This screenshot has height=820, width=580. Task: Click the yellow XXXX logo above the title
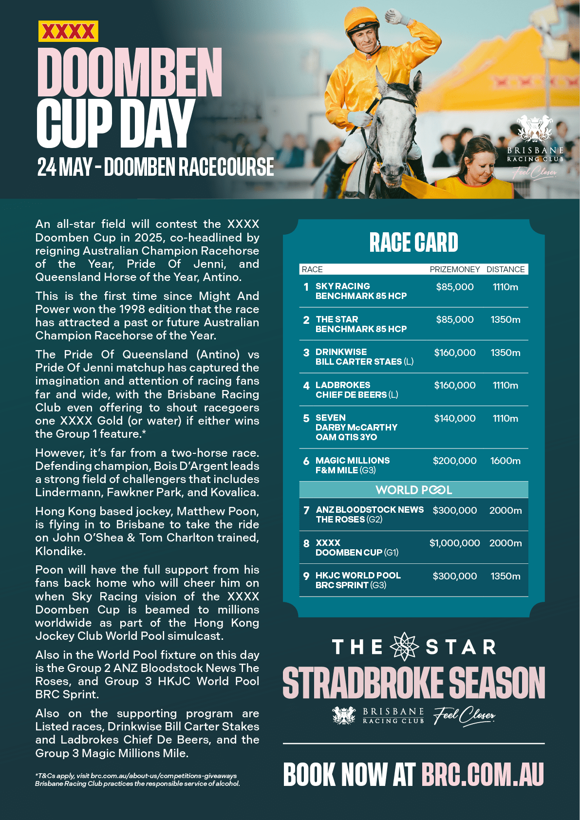click(68, 32)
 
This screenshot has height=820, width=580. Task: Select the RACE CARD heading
click(413, 242)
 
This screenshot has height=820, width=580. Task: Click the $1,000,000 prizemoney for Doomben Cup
click(454, 543)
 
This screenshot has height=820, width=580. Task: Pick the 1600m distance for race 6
click(505, 461)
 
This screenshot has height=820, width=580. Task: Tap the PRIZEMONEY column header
click(454, 269)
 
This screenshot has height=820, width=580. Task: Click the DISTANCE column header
click(505, 269)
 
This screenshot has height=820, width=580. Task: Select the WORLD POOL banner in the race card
click(413, 490)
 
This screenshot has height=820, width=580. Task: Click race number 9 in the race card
click(306, 576)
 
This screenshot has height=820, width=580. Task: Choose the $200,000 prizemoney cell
click(454, 461)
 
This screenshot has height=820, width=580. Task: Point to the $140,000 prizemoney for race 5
click(454, 418)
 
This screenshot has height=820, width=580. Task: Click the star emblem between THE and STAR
click(405, 647)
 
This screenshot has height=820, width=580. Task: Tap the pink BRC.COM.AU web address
click(482, 775)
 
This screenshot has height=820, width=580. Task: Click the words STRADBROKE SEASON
click(413, 683)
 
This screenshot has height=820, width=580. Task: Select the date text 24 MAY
click(65, 167)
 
